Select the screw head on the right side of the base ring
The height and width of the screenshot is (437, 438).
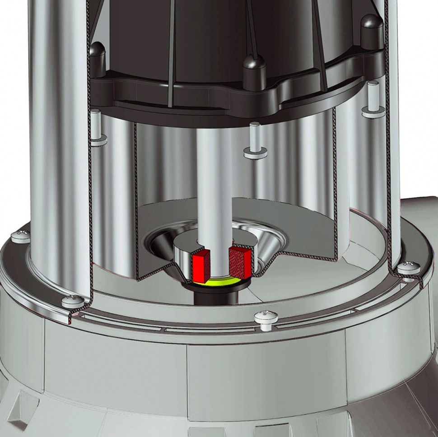409,268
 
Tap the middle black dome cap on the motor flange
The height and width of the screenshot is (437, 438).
254,68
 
